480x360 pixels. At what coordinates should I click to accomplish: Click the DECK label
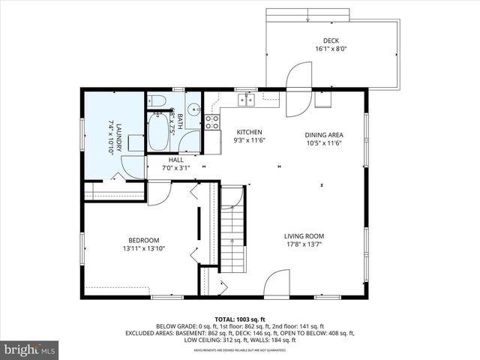(x=331, y=40)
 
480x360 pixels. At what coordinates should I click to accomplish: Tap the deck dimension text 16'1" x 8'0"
(x=331, y=49)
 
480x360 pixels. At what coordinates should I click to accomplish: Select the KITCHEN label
(x=249, y=131)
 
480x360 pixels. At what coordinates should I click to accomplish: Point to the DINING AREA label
(x=324, y=135)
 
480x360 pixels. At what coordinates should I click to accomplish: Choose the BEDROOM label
(x=143, y=240)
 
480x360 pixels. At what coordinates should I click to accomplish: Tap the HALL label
(x=176, y=160)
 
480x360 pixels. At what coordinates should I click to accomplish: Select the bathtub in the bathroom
(x=159, y=130)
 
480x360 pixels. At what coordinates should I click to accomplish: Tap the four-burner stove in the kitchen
(x=212, y=121)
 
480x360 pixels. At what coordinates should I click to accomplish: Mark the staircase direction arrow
(x=232, y=241)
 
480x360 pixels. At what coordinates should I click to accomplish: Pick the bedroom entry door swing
(x=158, y=193)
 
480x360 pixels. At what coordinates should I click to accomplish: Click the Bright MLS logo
(x=30, y=349)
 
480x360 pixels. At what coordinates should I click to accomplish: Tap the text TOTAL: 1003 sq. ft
(x=240, y=319)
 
